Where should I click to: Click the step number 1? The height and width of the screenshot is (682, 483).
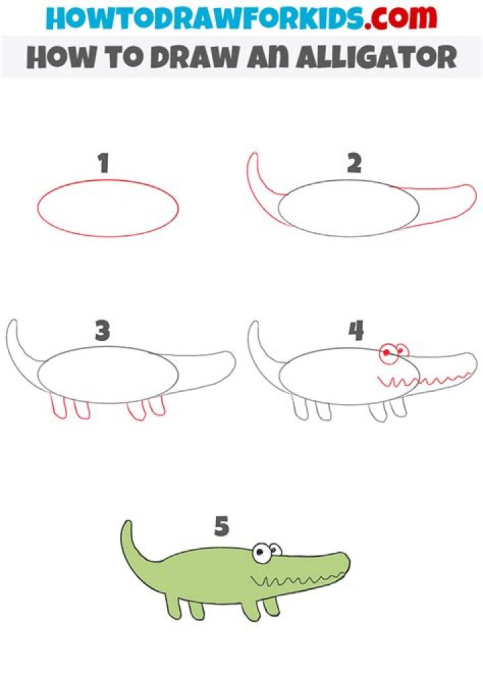click(103, 163)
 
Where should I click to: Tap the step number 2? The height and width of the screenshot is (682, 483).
click(354, 163)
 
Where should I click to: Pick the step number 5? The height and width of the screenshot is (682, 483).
click(221, 526)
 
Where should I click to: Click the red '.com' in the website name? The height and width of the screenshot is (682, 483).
click(400, 17)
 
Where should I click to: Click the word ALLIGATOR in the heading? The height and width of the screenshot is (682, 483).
click(377, 57)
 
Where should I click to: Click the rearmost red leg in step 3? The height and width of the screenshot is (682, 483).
click(59, 406)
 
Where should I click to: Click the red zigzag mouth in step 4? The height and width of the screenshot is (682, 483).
click(423, 381)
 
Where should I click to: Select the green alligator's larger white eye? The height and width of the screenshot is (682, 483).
click(260, 553)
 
